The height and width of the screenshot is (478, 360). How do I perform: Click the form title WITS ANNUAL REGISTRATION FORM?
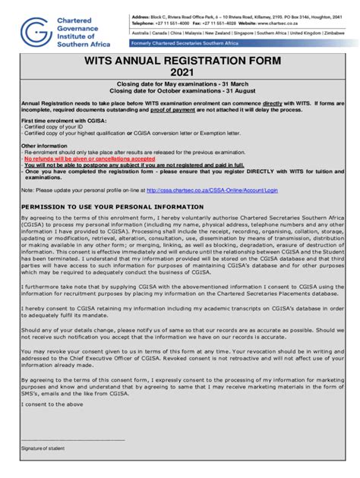(x=179, y=58)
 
